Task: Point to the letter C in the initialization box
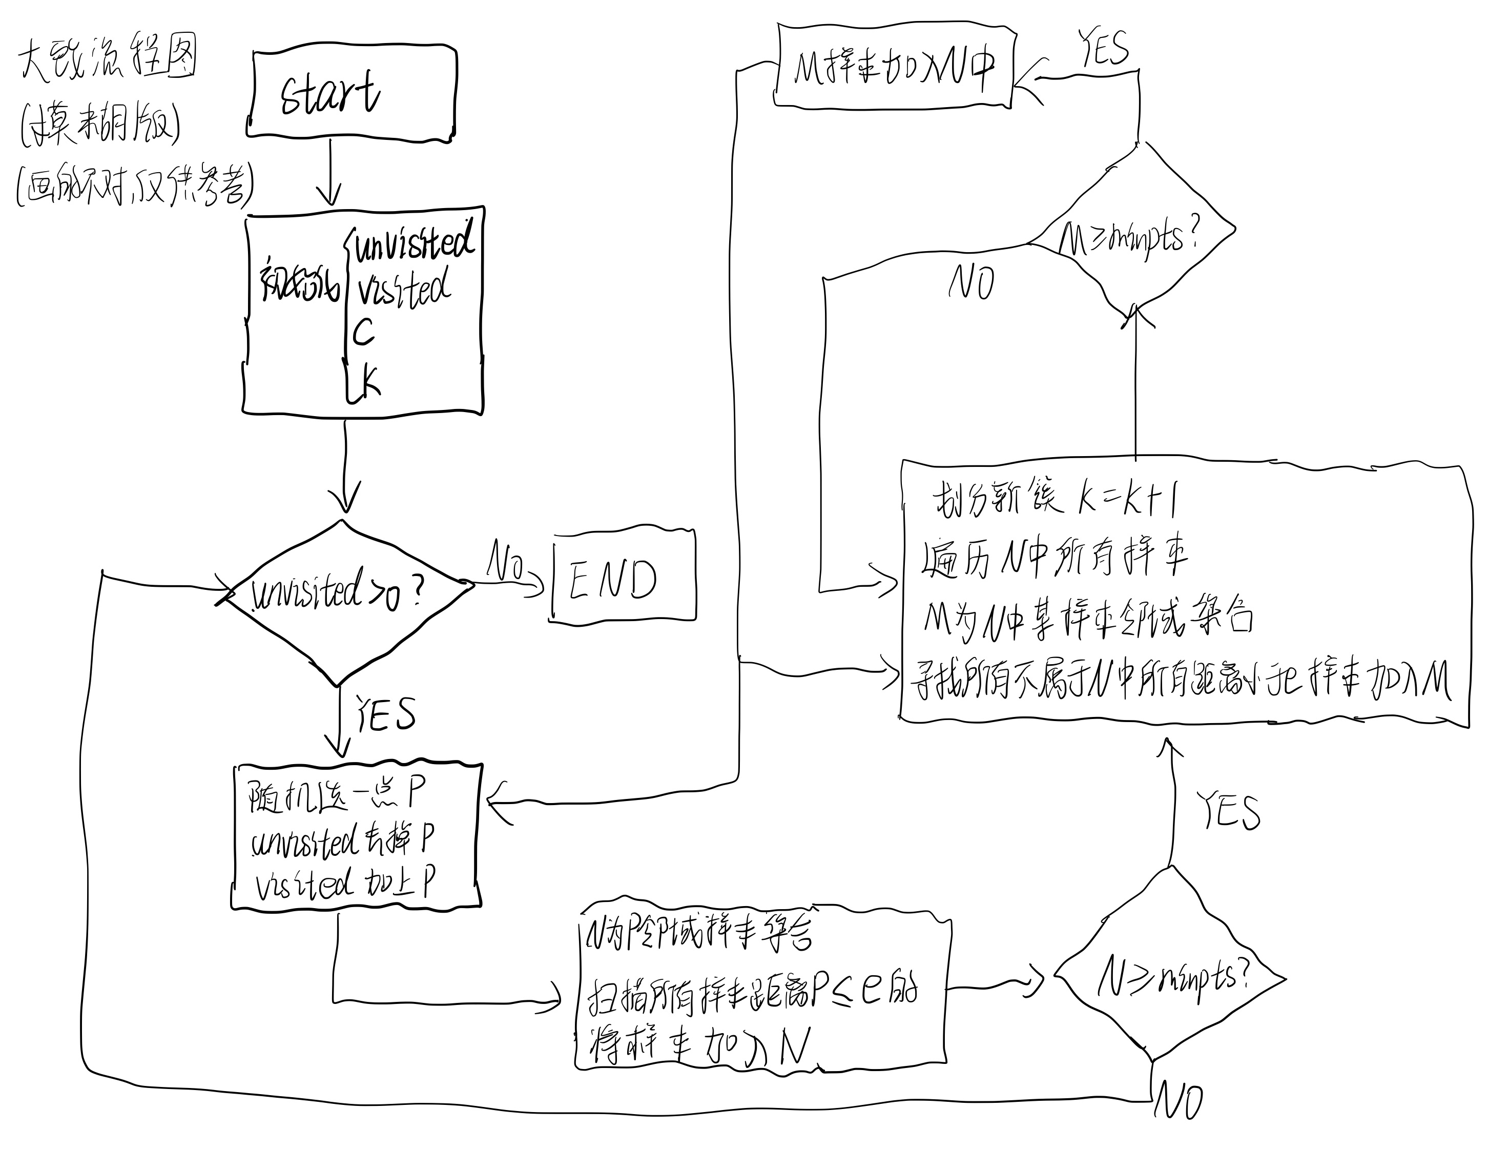coord(363,333)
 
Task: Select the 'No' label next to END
coord(505,562)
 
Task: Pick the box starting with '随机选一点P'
coord(356,836)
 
